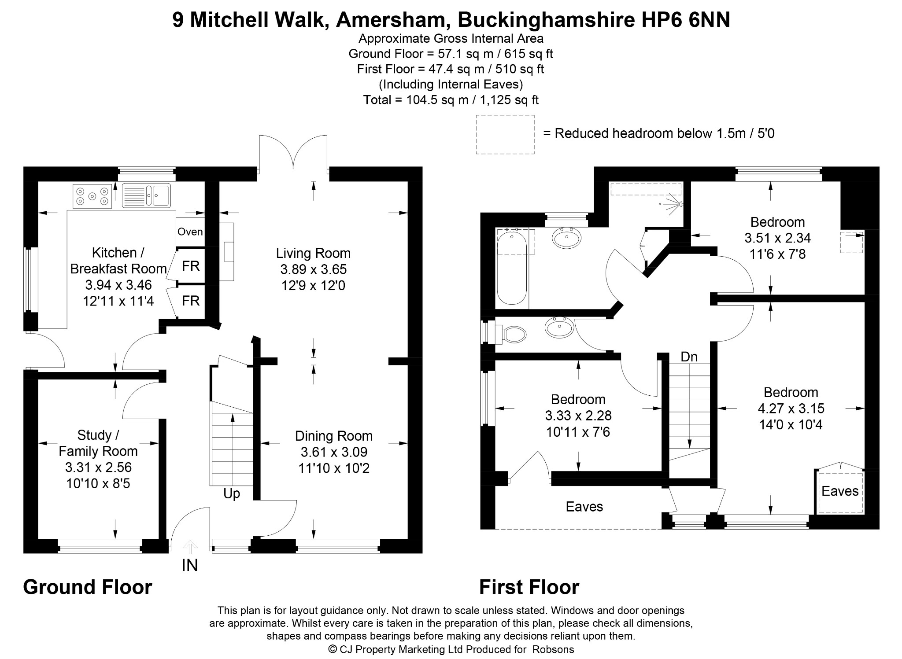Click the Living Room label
pyautogui.click(x=313, y=254)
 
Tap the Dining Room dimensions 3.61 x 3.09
pyautogui.click(x=334, y=452)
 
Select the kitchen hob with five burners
pyautogui.click(x=92, y=196)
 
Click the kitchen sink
pyautogui.click(x=146, y=195)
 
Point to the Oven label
pyautogui.click(x=190, y=232)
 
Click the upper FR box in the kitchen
pyautogui.click(x=191, y=266)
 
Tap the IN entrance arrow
pyautogui.click(x=190, y=547)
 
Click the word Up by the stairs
pyautogui.click(x=232, y=494)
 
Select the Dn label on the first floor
pyautogui.click(x=689, y=357)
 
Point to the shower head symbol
pyautogui.click(x=673, y=204)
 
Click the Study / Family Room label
pyautogui.click(x=98, y=443)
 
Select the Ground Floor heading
pyautogui.click(x=88, y=587)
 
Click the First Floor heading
pyautogui.click(x=529, y=587)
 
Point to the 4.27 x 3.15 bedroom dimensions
pyautogui.click(x=791, y=409)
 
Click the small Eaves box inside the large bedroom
pyautogui.click(x=840, y=491)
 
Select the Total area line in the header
pyautogui.click(x=451, y=100)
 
